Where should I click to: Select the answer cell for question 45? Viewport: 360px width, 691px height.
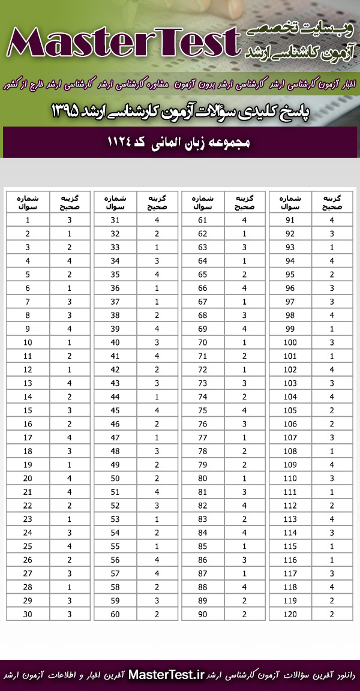pos(157,410)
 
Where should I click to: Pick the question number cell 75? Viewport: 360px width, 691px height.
pos(203,410)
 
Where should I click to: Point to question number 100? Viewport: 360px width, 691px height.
pos(291,342)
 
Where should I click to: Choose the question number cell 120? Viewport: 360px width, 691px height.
pos(291,614)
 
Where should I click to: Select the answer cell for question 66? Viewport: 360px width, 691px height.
pos(245,287)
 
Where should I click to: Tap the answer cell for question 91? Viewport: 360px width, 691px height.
pos(332,220)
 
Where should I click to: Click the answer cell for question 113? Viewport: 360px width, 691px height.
pos(332,519)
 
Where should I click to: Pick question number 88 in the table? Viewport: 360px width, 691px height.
pos(203,587)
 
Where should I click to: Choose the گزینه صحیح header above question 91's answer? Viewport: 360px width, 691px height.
pos(332,202)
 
